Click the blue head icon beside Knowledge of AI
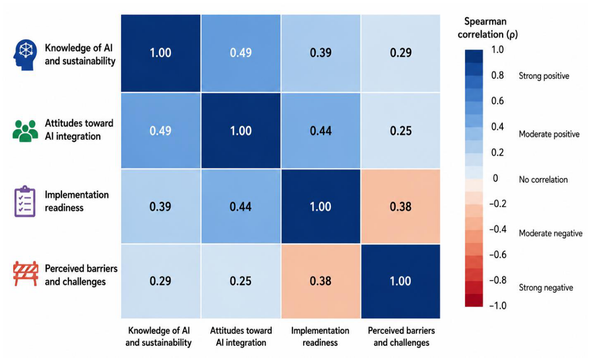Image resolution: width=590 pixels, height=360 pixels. (x=25, y=55)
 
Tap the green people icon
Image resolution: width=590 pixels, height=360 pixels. (x=25, y=131)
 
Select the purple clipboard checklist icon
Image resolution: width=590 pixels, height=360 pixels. (x=25, y=201)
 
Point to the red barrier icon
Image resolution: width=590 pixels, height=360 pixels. (x=26, y=273)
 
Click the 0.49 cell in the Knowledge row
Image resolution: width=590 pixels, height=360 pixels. (x=241, y=53)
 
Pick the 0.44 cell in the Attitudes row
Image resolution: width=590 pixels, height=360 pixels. (x=321, y=131)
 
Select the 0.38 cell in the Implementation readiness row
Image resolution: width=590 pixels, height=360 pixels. (x=401, y=206)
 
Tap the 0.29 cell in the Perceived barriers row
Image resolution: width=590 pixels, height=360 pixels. (x=160, y=281)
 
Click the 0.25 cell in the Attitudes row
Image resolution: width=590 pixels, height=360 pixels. (x=401, y=131)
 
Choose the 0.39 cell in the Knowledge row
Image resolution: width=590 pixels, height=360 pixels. (x=321, y=53)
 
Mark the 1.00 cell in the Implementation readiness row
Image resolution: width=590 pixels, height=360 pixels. (x=321, y=206)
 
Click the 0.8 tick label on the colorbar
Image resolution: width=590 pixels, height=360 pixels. (x=498, y=75)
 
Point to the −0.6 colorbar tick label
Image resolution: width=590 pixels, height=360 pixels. (x=498, y=255)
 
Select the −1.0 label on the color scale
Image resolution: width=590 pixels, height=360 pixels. (x=498, y=306)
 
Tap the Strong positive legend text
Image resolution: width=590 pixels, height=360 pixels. (x=544, y=76)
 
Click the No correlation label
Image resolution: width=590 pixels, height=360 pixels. (x=543, y=180)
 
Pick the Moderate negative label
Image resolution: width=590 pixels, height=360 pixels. (x=550, y=233)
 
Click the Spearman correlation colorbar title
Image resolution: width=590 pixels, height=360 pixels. (x=488, y=28)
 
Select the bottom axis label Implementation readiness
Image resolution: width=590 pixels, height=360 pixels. (x=320, y=337)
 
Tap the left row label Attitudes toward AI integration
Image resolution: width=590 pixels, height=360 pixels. (x=79, y=130)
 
